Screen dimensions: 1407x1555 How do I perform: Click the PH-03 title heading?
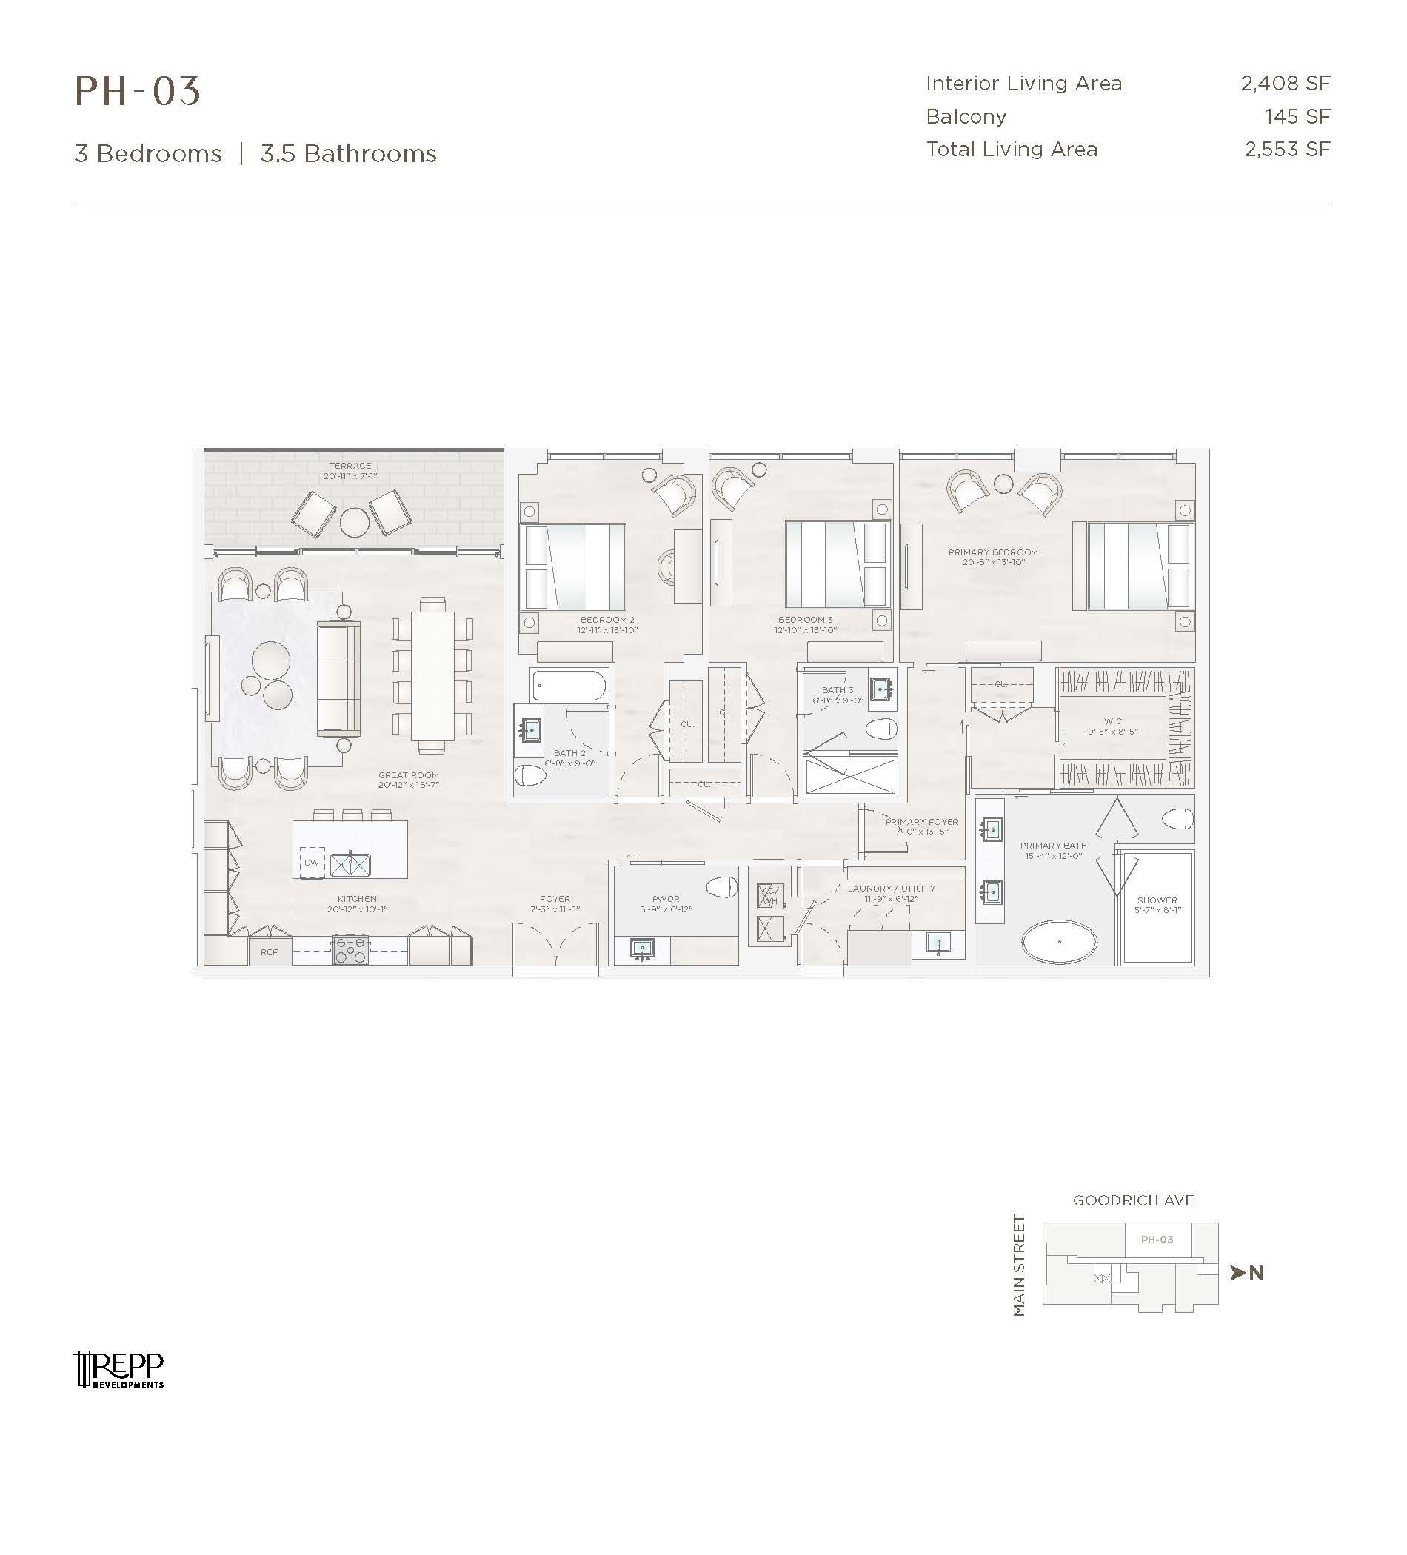coord(137,91)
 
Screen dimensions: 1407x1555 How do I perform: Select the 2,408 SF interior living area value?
coord(1285,83)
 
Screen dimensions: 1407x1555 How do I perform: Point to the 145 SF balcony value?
coord(1297,116)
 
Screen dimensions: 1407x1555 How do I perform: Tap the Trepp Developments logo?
coord(118,1370)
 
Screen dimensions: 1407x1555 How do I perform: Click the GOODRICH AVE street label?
coord(1133,1200)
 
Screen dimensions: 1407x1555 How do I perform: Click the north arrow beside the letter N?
coord(1238,1273)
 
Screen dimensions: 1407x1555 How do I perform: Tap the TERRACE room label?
coord(350,466)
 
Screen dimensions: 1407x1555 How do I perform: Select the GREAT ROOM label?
coord(408,775)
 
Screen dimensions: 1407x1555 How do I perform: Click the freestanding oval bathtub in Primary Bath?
coord(1059,941)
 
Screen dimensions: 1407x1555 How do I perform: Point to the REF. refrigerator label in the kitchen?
coord(270,952)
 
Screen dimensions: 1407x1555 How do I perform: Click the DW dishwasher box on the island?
coord(312,863)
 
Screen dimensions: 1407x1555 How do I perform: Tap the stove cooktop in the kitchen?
coord(350,950)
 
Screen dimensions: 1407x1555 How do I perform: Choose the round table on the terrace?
coord(354,522)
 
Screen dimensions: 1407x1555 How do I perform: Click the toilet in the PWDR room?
coord(721,887)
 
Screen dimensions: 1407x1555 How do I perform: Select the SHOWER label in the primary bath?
coord(1157,900)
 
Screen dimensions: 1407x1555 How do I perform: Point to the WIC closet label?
coord(1113,721)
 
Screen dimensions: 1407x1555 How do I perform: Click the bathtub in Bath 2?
coord(569,685)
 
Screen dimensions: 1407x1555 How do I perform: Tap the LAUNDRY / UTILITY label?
coord(891,889)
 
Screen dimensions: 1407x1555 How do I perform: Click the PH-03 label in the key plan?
coord(1157,1240)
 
